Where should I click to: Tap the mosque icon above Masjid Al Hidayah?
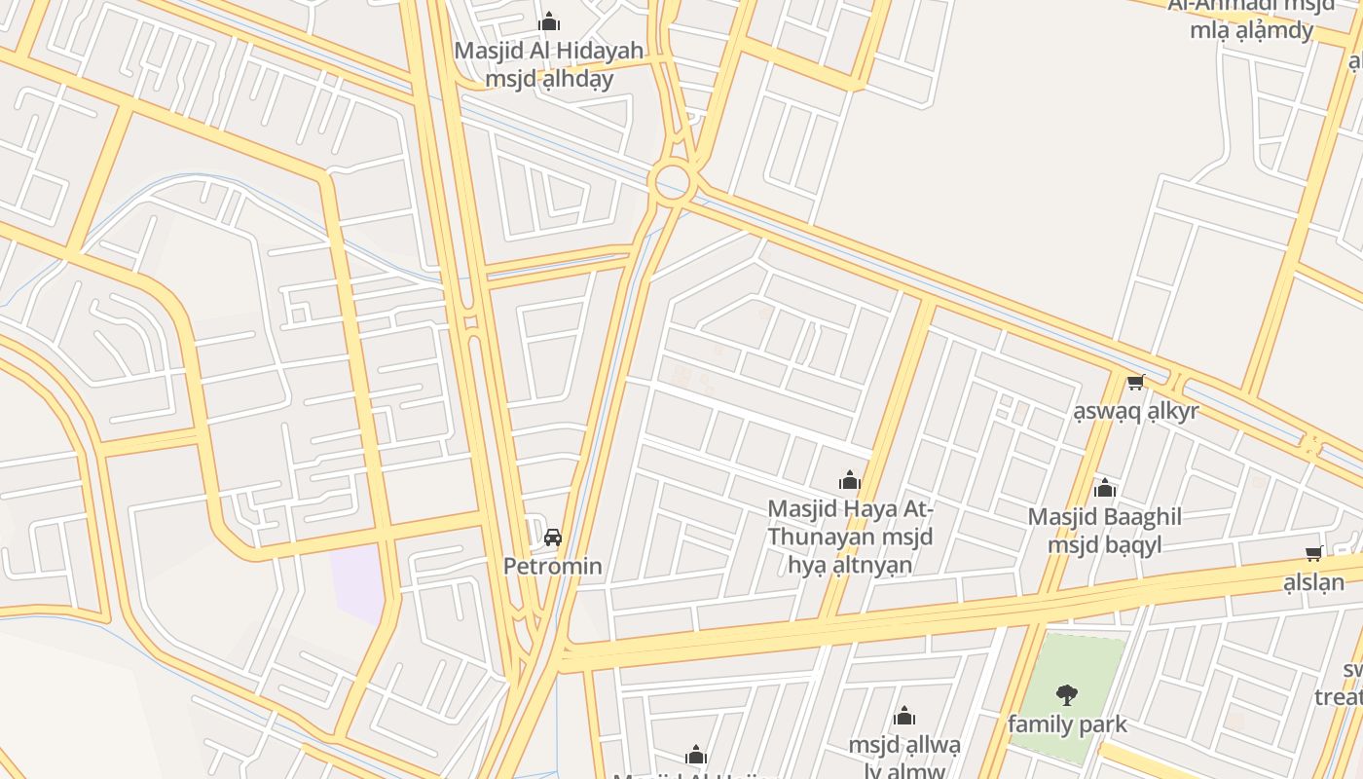pyautogui.click(x=549, y=21)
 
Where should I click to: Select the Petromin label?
pyautogui.click(x=552, y=566)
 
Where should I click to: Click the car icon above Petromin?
pyautogui.click(x=553, y=537)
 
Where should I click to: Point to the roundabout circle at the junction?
pyautogui.click(x=672, y=181)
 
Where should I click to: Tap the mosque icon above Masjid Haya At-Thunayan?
pyautogui.click(x=850, y=480)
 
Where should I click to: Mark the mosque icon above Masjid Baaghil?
pyautogui.click(x=1104, y=487)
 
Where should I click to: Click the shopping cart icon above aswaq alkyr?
pyautogui.click(x=1135, y=383)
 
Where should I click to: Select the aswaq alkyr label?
pyautogui.click(x=1135, y=411)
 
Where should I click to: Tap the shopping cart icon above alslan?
pyautogui.click(x=1313, y=554)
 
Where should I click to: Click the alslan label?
pyautogui.click(x=1313, y=583)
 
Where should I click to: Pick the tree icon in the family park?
pyautogui.click(x=1067, y=694)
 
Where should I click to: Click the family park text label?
pyautogui.click(x=1067, y=724)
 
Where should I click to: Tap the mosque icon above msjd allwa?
pyautogui.click(x=904, y=718)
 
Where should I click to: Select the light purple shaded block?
pyautogui.click(x=358, y=582)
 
